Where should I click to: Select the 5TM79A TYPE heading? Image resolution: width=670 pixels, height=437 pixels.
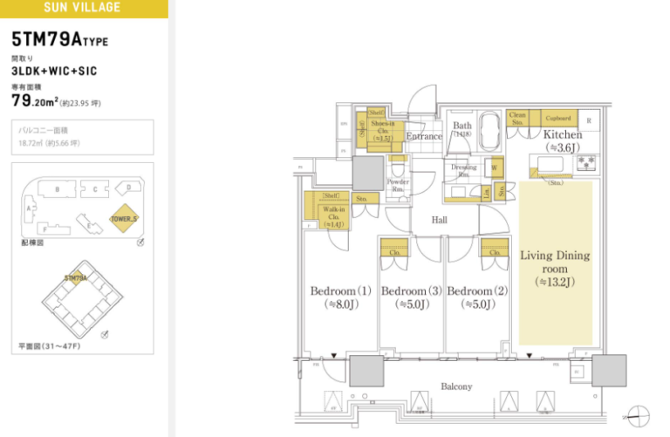(60, 40)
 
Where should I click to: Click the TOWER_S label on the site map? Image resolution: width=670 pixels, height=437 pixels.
(125, 220)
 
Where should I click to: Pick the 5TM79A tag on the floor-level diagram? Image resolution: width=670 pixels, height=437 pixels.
(77, 278)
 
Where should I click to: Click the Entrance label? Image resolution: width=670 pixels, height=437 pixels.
(424, 136)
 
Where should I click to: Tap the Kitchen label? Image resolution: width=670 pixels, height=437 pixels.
(562, 135)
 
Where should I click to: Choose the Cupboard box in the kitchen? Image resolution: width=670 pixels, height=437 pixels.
(557, 118)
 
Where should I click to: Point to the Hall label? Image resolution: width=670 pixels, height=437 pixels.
(439, 220)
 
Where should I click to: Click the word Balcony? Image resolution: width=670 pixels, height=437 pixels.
(455, 386)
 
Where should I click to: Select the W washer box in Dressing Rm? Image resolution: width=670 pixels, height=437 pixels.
(494, 167)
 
